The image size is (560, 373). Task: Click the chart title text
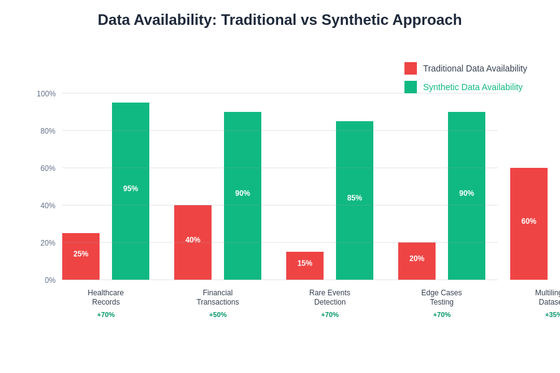[x=279, y=20]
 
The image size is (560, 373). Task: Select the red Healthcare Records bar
[x=81, y=256]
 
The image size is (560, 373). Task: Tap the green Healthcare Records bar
[x=131, y=191]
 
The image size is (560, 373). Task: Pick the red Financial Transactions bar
[x=193, y=242]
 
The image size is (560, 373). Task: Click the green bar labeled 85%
[x=355, y=200]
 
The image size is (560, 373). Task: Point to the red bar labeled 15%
[x=305, y=265]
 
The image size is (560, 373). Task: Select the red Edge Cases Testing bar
[x=417, y=261]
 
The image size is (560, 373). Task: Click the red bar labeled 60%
[x=529, y=224]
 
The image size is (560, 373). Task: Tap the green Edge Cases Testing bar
[x=467, y=196]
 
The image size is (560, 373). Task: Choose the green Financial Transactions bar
[x=243, y=196]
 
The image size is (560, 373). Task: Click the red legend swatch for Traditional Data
[x=411, y=68]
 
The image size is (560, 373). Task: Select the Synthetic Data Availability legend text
[x=473, y=87]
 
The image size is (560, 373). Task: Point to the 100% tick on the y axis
[x=46, y=94]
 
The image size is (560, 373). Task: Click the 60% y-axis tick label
[x=48, y=168]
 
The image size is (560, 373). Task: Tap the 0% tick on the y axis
[x=50, y=280]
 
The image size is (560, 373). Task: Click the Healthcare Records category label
[x=106, y=297]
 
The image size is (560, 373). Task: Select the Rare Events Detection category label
[x=330, y=297]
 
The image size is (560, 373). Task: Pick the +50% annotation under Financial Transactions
[x=218, y=315]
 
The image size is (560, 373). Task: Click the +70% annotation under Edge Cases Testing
[x=442, y=315]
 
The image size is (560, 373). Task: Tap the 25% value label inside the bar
[x=81, y=254]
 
